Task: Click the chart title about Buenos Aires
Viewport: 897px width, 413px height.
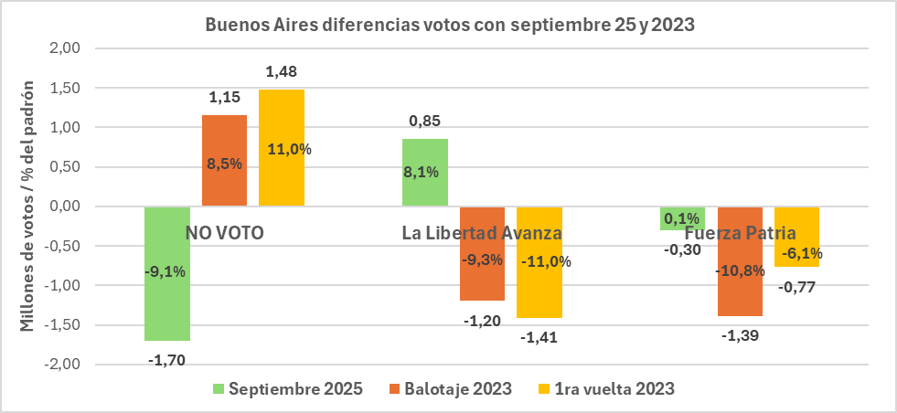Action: click(448, 26)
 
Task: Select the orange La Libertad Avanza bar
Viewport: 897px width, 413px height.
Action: click(482, 274)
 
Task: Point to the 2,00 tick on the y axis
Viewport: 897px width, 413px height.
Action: click(65, 48)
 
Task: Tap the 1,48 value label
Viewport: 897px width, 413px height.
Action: click(281, 71)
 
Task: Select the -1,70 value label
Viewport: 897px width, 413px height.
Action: click(166, 360)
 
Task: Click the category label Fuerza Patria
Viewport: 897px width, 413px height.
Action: click(740, 232)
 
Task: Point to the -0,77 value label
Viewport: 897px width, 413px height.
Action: click(796, 287)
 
